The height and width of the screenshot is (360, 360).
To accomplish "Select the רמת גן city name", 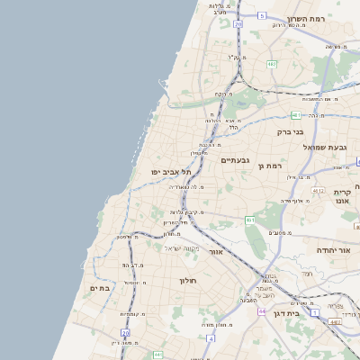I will pyautogui.click(x=269, y=166).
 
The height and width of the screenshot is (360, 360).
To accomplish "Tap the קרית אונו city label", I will pyautogui.click(x=342, y=197).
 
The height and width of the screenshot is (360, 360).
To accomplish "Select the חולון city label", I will pyautogui.click(x=188, y=280).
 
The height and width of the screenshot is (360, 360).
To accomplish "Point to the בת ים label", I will pyautogui.click(x=99, y=288).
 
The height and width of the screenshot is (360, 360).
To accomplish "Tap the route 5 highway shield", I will pyautogui.click(x=261, y=16).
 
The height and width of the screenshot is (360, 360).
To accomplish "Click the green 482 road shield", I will pyautogui.click(x=271, y=64).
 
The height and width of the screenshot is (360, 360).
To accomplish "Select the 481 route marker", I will pyautogui.click(x=296, y=114).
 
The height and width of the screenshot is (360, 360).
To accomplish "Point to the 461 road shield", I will pyautogui.click(x=249, y=220).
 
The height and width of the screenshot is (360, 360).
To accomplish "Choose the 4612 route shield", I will pyautogui.click(x=318, y=191).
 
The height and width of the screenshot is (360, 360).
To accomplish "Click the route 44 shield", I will pyautogui.click(x=260, y=310).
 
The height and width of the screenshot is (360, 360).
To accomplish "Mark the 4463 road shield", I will pyautogui.click(x=335, y=320).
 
